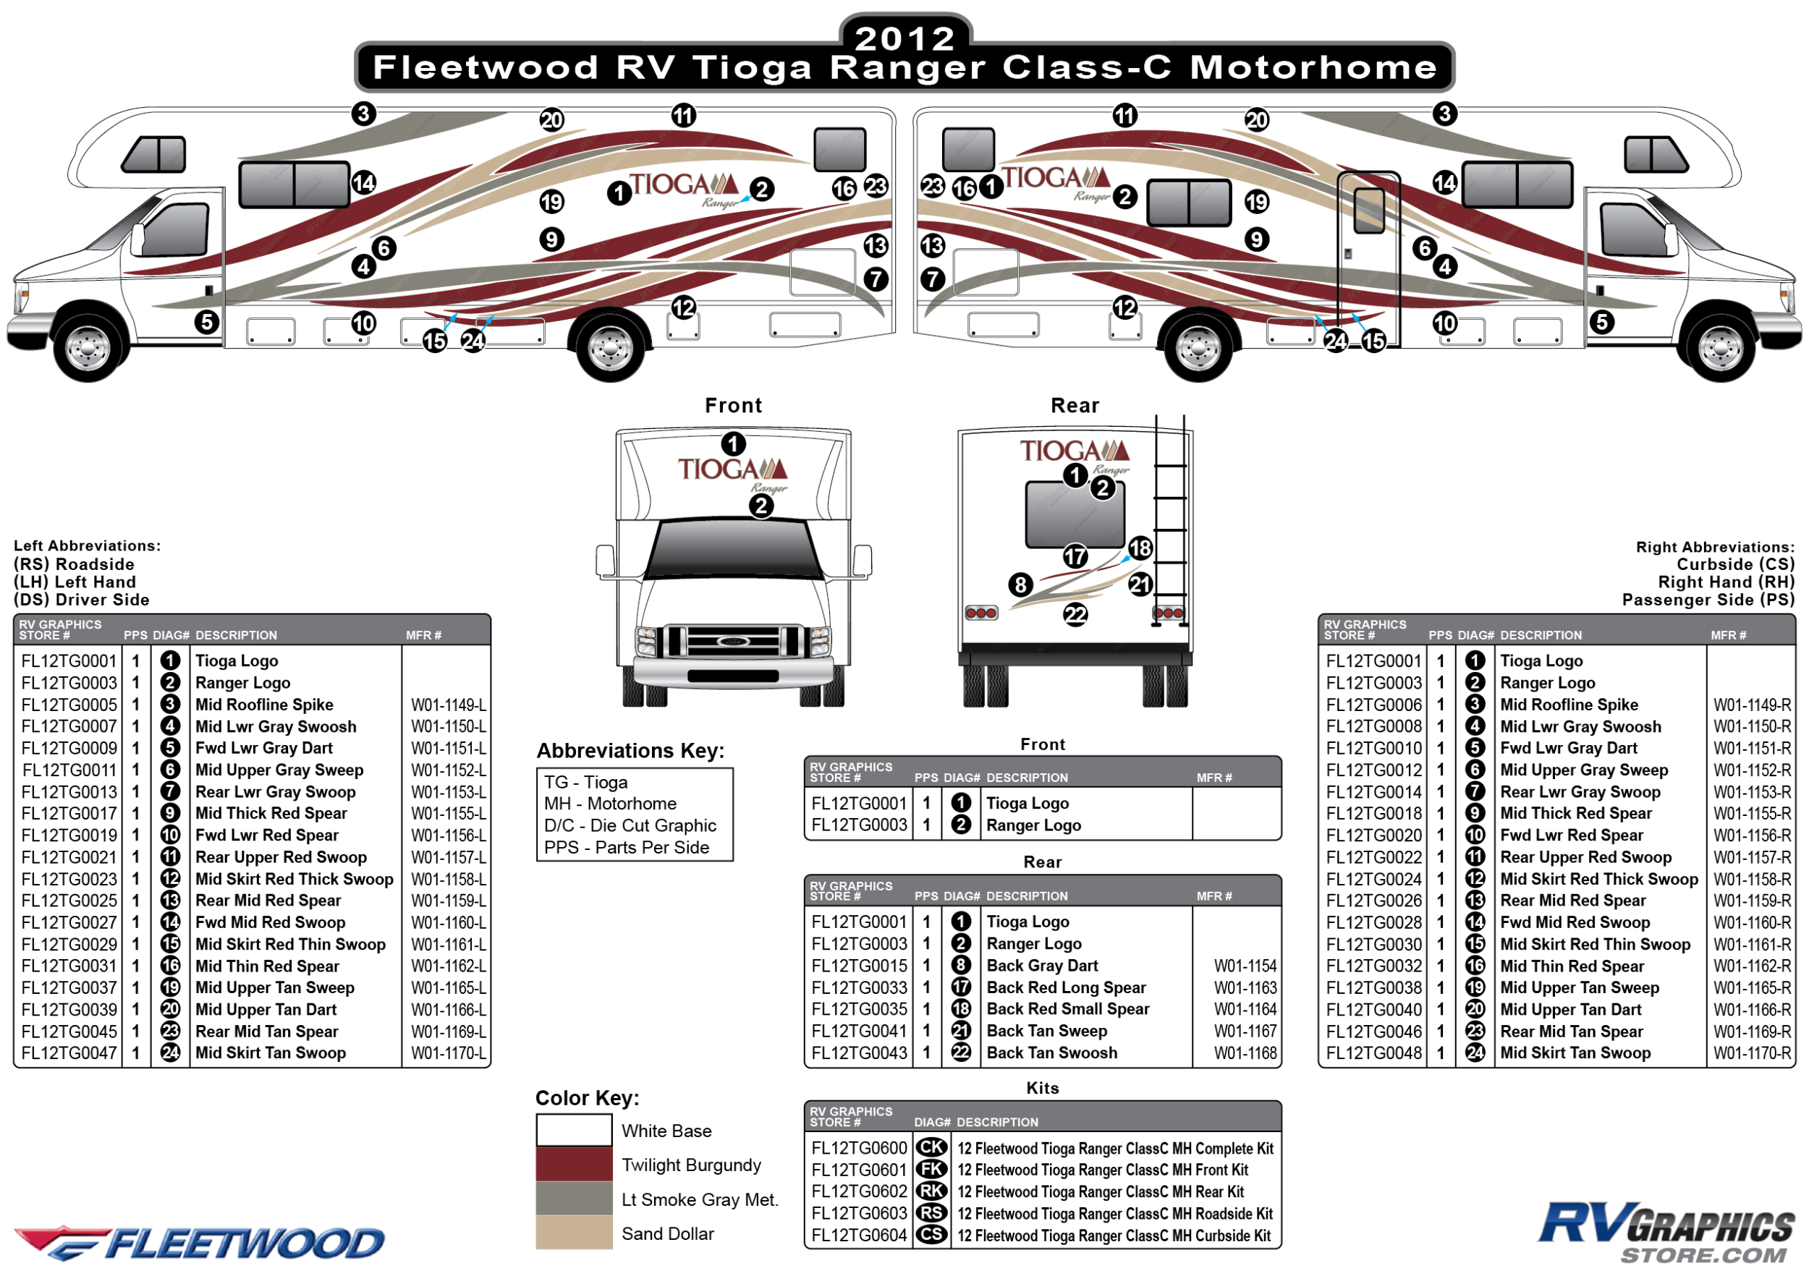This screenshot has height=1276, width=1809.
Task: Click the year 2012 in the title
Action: click(x=905, y=38)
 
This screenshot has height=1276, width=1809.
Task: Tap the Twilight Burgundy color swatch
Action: click(x=574, y=1165)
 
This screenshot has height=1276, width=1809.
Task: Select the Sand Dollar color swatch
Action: click(x=574, y=1233)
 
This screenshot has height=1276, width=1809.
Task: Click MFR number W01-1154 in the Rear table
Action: click(x=1245, y=966)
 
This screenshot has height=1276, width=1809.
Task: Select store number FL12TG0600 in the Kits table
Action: click(x=859, y=1149)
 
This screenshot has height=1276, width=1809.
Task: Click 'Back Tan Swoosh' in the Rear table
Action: click(x=1051, y=1053)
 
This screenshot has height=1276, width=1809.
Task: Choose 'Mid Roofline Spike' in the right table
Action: click(x=1568, y=705)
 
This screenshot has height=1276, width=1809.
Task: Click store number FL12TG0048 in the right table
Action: click(x=1373, y=1053)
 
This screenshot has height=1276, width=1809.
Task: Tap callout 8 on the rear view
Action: click(x=1020, y=584)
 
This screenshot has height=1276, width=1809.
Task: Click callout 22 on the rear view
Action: click(x=1075, y=614)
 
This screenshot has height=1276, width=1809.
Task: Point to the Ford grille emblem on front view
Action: click(x=733, y=641)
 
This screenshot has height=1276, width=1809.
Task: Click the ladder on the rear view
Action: click(x=1170, y=520)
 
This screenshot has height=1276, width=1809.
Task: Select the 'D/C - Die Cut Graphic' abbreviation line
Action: click(x=630, y=825)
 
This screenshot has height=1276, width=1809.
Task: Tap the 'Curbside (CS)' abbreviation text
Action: click(x=1735, y=565)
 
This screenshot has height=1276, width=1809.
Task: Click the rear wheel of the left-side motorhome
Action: click(x=610, y=346)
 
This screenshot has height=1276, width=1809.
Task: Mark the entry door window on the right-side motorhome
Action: click(x=1369, y=210)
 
